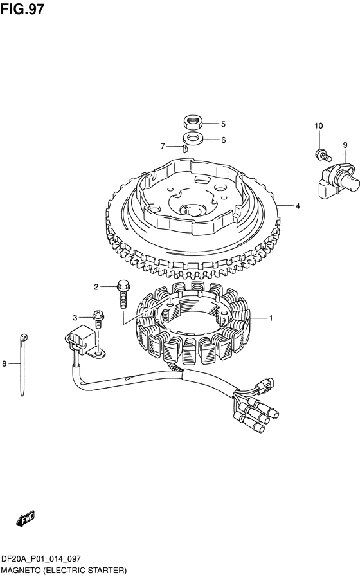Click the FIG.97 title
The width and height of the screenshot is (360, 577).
click(22, 9)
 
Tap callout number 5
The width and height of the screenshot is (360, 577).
click(223, 124)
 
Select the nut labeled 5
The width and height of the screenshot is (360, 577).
click(193, 122)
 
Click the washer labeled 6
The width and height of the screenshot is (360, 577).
click(193, 139)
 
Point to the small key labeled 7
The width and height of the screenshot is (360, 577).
click(185, 149)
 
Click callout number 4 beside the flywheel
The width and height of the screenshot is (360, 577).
click(298, 206)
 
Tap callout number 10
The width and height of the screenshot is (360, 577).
click(318, 126)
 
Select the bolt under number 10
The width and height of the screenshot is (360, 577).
click(323, 154)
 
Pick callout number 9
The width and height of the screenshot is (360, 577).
click(345, 145)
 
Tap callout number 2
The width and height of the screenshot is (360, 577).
click(96, 287)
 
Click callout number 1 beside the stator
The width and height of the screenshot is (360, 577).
click(271, 318)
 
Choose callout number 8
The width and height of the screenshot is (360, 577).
click(4, 364)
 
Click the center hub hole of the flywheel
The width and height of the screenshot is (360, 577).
click(193, 210)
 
